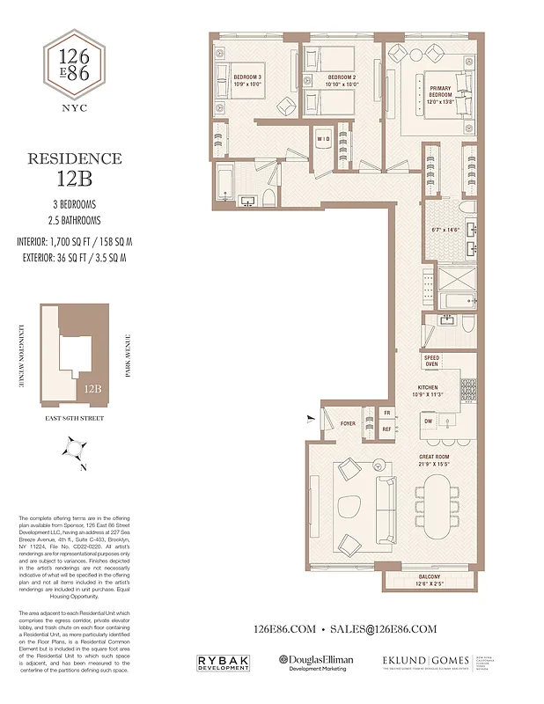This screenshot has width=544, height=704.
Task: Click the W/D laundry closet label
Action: pos(323,139)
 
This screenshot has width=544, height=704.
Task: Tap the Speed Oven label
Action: pos(431,361)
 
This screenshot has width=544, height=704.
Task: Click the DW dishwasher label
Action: pos(428,422)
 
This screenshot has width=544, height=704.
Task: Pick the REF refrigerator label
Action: pos(386,429)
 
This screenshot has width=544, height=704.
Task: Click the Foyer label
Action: pos(349,423)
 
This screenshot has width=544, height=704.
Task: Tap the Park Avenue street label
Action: pos(129,354)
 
